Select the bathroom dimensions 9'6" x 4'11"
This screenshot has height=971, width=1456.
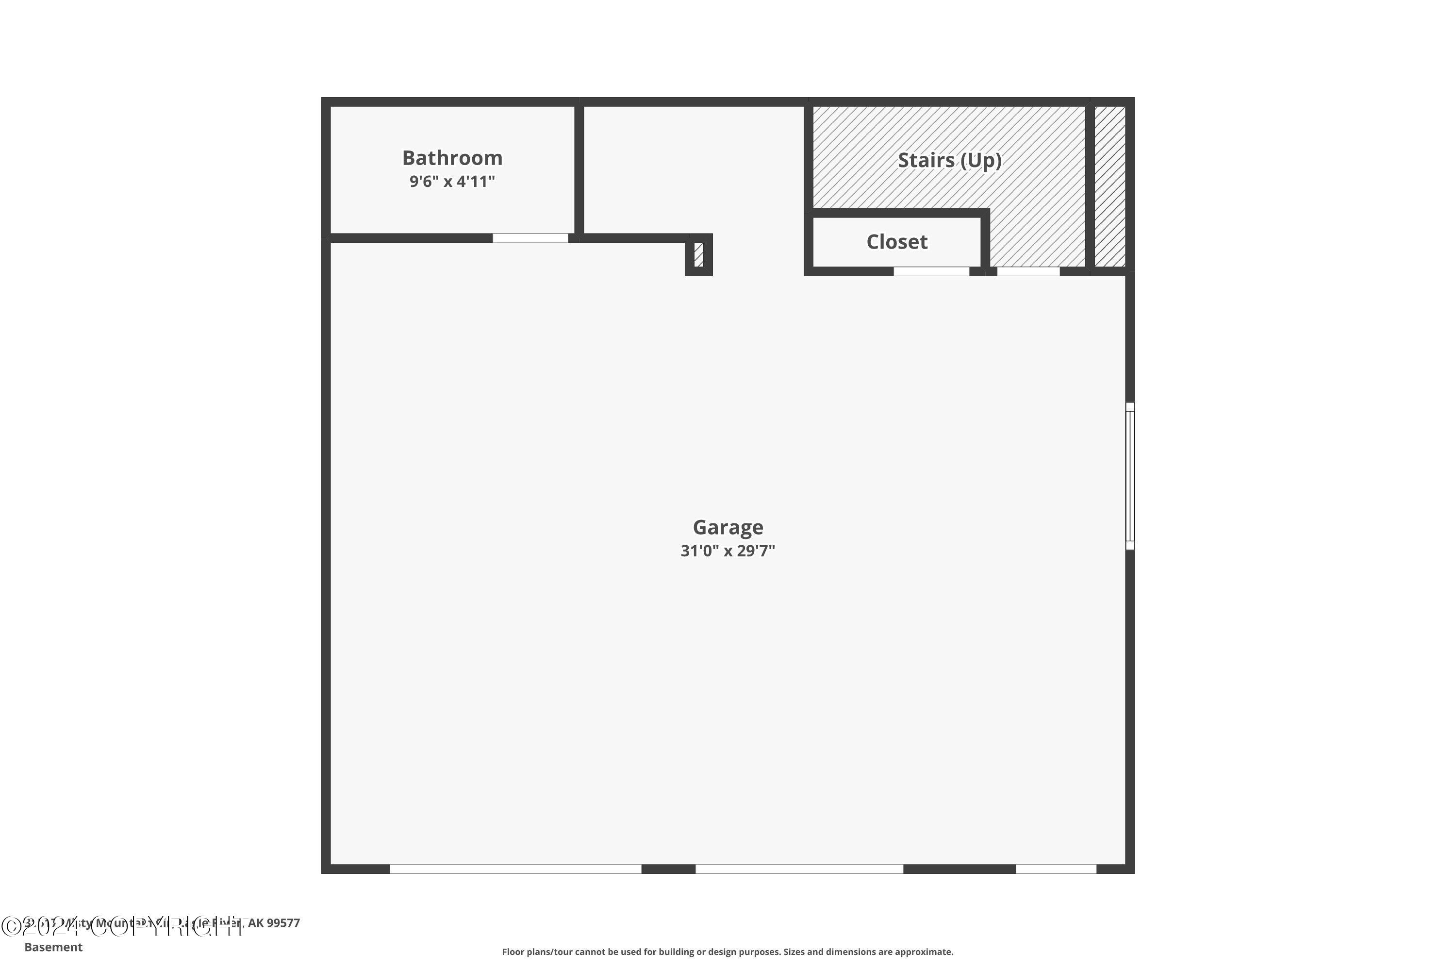(x=452, y=182)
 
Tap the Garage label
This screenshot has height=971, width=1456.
(x=728, y=528)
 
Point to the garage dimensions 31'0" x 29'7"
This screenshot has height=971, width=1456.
(x=728, y=551)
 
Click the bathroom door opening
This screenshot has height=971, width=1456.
(x=530, y=238)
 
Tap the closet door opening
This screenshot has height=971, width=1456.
(x=930, y=272)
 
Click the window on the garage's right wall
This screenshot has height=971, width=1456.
(x=1130, y=476)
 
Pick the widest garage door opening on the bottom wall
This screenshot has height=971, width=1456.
(x=515, y=869)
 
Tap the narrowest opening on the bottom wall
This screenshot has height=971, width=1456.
(x=1056, y=869)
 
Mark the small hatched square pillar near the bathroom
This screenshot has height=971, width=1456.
(x=699, y=254)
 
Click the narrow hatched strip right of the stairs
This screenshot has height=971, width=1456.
(x=1109, y=186)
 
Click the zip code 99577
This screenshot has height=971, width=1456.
(x=283, y=923)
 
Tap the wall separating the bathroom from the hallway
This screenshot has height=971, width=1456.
(x=579, y=170)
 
